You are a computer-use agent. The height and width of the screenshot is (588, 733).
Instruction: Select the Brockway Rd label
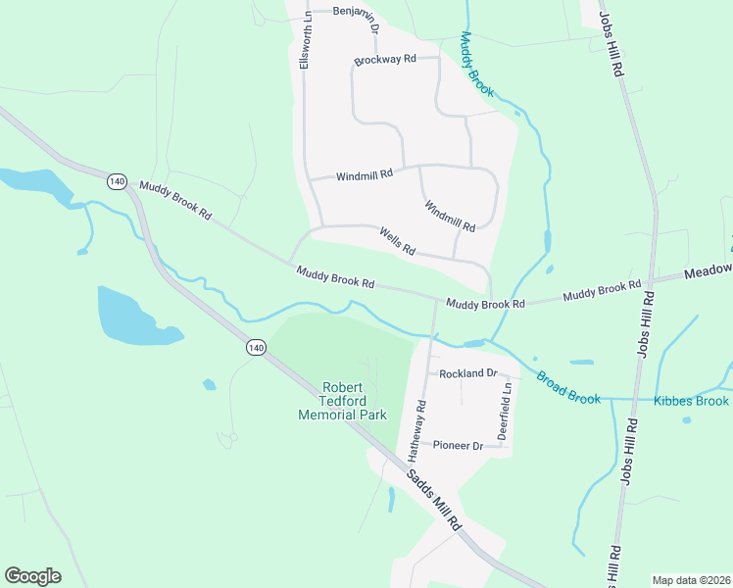pos(385,60)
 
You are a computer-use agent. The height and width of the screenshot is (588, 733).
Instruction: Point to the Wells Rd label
pos(397,241)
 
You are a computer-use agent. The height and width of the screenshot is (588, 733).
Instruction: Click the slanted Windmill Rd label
pos(450,216)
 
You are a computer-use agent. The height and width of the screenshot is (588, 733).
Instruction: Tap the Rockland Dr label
pos(468,374)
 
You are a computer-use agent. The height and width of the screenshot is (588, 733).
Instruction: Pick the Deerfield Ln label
pos(507,409)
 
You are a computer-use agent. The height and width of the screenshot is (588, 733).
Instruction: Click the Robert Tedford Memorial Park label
pos(342,401)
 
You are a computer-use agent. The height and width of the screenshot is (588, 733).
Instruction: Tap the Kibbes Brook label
pos(692,401)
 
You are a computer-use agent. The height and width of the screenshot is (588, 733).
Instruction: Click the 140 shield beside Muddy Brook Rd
pos(118,181)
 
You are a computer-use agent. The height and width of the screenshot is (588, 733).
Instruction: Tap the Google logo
pos(32,576)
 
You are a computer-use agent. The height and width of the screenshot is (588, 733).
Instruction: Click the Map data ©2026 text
pos(690,580)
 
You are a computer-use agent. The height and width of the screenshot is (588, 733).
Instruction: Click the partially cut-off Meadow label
pos(708,271)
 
